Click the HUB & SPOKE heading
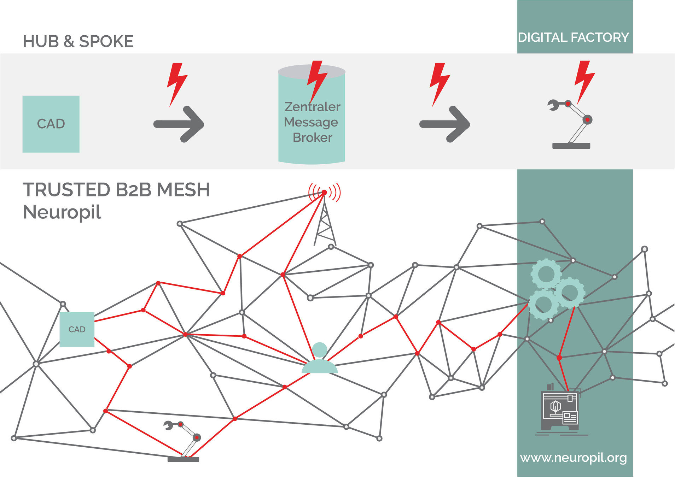tap(78, 41)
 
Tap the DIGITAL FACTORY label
tap(573, 37)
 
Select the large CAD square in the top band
tap(51, 124)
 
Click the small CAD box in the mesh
tap(77, 329)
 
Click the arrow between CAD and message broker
tap(179, 124)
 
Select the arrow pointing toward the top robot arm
tap(445, 124)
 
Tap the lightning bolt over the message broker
tap(316, 79)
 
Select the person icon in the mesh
tap(320, 359)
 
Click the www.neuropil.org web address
tap(573, 458)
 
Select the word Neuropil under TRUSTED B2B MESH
tap(62, 212)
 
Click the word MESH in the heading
tap(184, 190)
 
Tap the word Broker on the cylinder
tap(313, 137)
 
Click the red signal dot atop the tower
tap(324, 192)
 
